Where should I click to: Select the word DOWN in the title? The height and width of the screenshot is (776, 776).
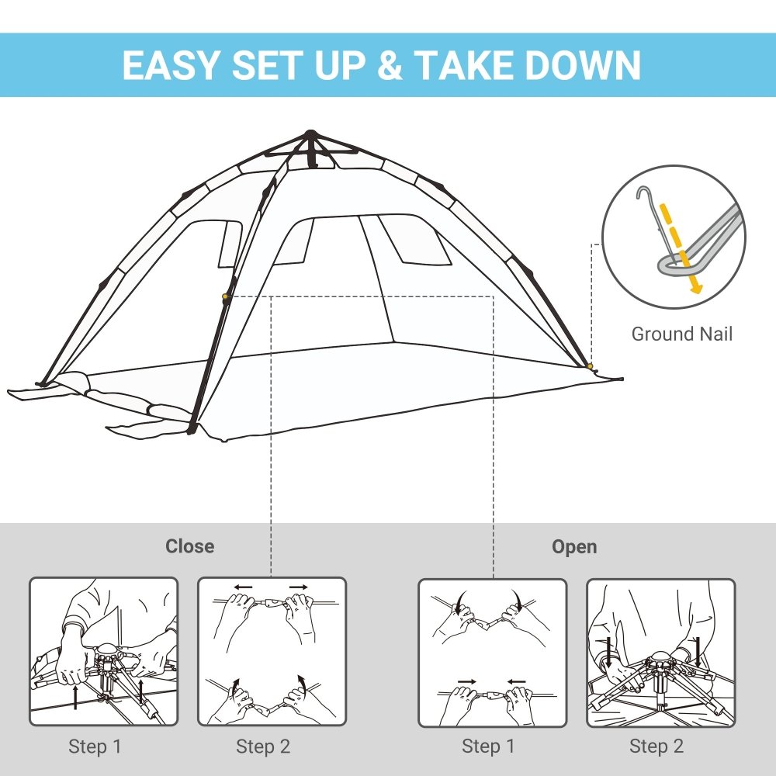coord(584,65)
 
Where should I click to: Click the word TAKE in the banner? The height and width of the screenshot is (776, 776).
coord(468,65)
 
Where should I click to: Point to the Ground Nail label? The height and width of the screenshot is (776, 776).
coord(681,334)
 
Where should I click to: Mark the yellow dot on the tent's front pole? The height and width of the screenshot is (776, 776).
coord(226,296)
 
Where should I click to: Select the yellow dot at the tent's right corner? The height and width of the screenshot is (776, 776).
coord(590,365)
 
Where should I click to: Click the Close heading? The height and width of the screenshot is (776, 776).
coord(189,546)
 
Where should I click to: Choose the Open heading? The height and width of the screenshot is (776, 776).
coord(574,546)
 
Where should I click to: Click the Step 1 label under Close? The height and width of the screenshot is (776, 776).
coord(95,747)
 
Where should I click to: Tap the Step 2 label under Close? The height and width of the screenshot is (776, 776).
coord(263,747)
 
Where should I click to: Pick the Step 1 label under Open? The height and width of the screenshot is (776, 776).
coord(488,747)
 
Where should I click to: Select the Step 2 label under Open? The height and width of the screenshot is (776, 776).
coord(656,747)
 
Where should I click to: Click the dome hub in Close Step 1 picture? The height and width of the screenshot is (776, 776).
coord(106,650)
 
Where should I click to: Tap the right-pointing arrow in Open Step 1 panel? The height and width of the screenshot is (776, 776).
coord(466,681)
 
